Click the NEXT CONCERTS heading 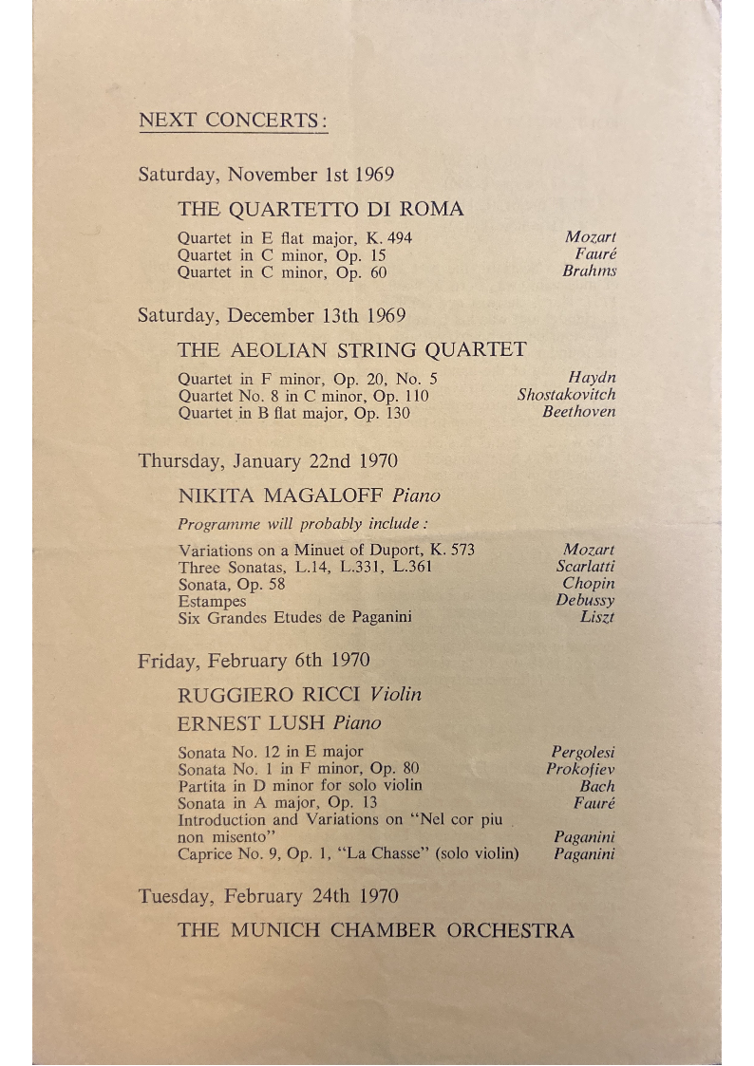click(x=233, y=121)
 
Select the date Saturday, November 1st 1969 click(x=266, y=175)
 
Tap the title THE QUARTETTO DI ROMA click(x=320, y=209)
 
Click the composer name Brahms click(x=589, y=271)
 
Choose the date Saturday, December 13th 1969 click(x=272, y=316)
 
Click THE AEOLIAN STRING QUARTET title click(x=351, y=349)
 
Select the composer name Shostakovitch click(x=566, y=395)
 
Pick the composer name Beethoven click(x=578, y=412)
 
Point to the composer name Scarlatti click(x=585, y=567)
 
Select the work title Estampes click(x=212, y=601)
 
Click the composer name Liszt click(x=597, y=618)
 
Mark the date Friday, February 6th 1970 click(x=254, y=661)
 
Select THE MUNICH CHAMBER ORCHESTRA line click(x=375, y=930)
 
